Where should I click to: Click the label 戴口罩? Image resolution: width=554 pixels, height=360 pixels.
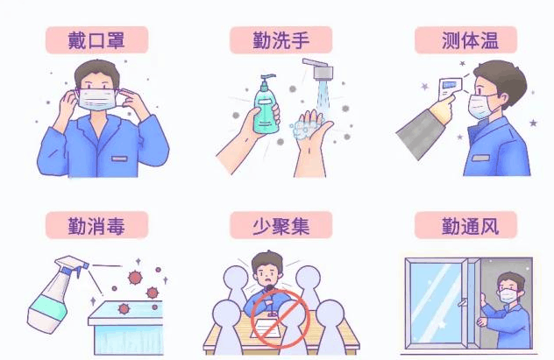click(96, 40)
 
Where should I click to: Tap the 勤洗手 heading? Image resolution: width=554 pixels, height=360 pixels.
click(281, 40)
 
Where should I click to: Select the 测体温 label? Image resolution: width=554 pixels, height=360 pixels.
click(470, 40)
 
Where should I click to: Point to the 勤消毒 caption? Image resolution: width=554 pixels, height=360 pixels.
click(96, 226)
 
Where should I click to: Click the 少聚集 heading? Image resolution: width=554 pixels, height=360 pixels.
click(281, 226)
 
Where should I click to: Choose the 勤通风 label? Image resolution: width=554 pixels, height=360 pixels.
click(470, 226)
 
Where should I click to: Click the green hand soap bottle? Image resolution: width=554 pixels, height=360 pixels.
click(266, 106)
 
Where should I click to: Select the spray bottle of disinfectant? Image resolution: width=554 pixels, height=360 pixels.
click(56, 294)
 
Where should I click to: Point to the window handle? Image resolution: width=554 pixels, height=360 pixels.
click(462, 303)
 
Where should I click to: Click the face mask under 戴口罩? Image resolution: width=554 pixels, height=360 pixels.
click(97, 99)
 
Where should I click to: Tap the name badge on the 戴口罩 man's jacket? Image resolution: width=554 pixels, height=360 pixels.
click(119, 159)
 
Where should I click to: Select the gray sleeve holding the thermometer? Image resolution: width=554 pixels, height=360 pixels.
click(421, 133)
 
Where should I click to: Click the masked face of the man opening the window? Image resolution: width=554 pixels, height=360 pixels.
click(508, 291)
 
